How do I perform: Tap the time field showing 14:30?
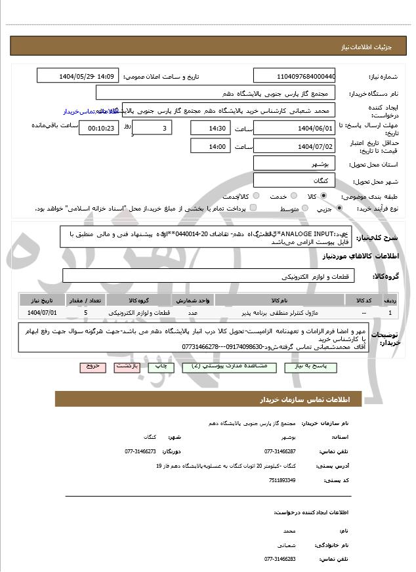coord(210,127)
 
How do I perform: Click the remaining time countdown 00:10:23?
coord(98,128)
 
